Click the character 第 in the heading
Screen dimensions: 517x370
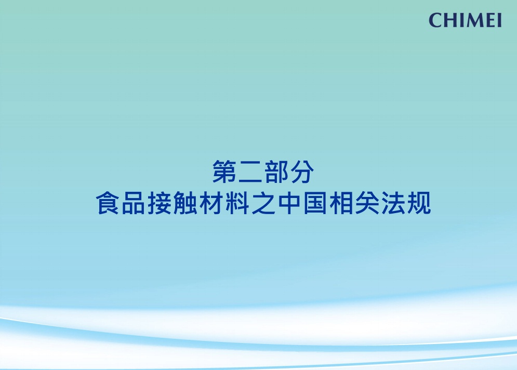(224, 171)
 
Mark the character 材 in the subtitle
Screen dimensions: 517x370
(211, 203)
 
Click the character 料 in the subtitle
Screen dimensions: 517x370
(237, 203)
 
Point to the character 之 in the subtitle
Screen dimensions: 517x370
(263, 203)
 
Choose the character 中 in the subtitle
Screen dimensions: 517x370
(289, 203)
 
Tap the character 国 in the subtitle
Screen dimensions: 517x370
(315, 203)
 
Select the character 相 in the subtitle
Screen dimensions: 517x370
(341, 203)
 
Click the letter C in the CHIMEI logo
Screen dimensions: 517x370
(435, 20)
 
